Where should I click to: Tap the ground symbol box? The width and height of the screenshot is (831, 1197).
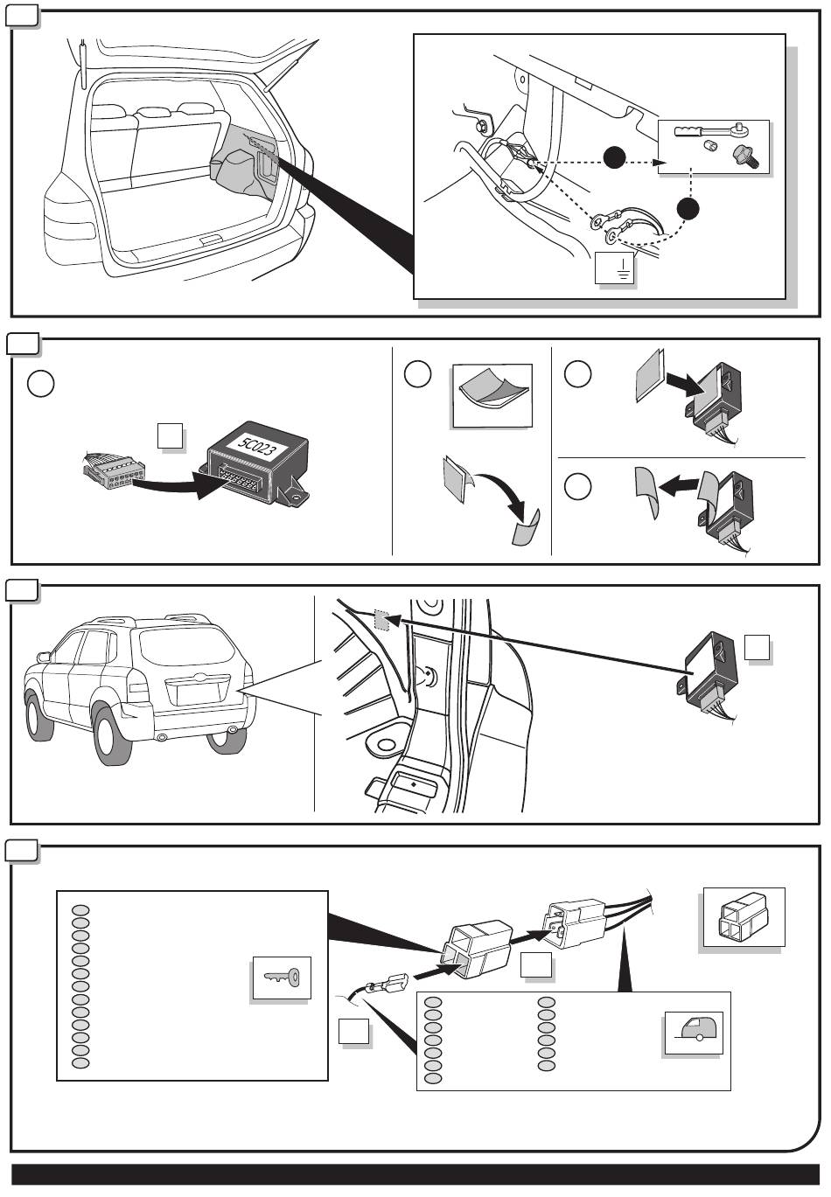pyautogui.click(x=614, y=268)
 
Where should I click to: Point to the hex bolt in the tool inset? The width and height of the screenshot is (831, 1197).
pyautogui.click(x=745, y=157)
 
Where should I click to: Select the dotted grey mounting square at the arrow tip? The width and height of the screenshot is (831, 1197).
pyautogui.click(x=381, y=621)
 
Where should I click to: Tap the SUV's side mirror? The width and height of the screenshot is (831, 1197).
pyautogui.click(x=44, y=656)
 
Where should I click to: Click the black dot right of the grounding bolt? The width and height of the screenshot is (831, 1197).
pyautogui.click(x=614, y=157)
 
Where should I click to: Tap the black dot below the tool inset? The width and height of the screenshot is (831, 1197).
pyautogui.click(x=688, y=209)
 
